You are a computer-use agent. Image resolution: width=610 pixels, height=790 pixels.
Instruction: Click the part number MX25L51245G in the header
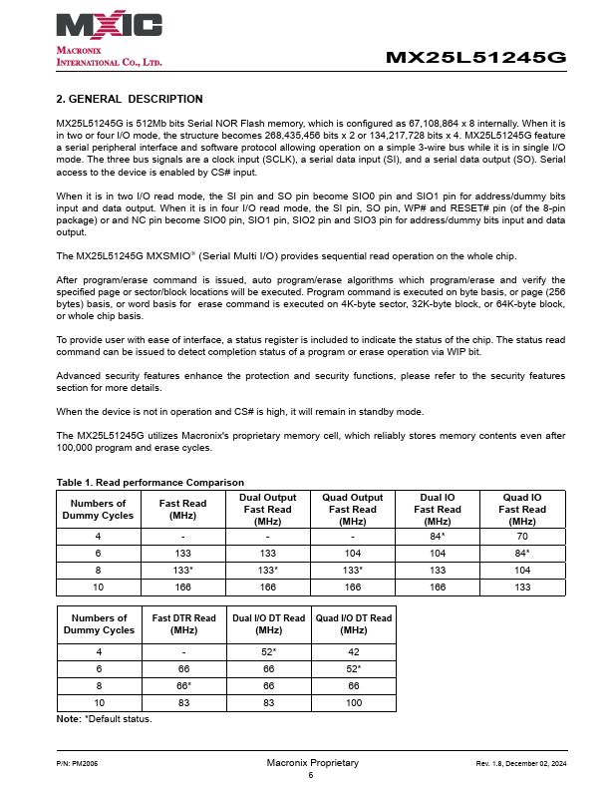pyautogui.click(x=475, y=58)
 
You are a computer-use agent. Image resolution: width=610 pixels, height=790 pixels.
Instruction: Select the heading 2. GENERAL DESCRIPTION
pyautogui.click(x=130, y=99)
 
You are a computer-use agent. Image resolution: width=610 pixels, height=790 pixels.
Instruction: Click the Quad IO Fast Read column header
pyautogui.click(x=522, y=509)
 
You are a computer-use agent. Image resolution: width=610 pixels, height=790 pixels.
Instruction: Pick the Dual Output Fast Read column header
pyautogui.click(x=268, y=509)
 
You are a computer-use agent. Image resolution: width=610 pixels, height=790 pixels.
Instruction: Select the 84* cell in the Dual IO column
pyautogui.click(x=438, y=535)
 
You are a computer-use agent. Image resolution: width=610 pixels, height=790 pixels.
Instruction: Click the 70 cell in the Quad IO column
pyautogui.click(x=522, y=535)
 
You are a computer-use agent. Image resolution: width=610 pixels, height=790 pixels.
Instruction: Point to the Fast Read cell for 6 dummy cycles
pyautogui.click(x=182, y=551)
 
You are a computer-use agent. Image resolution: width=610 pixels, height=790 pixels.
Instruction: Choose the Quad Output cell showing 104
pyautogui.click(x=353, y=551)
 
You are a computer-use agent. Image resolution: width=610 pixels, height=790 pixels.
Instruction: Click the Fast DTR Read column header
pyautogui.click(x=183, y=624)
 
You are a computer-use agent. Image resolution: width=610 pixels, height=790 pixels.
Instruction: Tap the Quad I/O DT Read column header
pyautogui.click(x=353, y=624)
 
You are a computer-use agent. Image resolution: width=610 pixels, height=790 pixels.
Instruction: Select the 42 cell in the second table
pyautogui.click(x=353, y=652)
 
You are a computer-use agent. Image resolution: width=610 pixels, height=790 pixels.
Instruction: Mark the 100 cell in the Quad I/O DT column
pyautogui.click(x=353, y=703)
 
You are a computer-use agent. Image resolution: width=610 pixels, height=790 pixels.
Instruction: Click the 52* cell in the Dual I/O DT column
pyautogui.click(x=268, y=652)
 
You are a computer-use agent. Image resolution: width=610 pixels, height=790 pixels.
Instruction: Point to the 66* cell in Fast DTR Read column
pyautogui.click(x=183, y=686)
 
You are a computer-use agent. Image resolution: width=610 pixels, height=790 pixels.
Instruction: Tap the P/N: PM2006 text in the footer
pyautogui.click(x=77, y=763)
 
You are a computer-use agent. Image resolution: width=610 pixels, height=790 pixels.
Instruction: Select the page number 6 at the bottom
pyautogui.click(x=310, y=775)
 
